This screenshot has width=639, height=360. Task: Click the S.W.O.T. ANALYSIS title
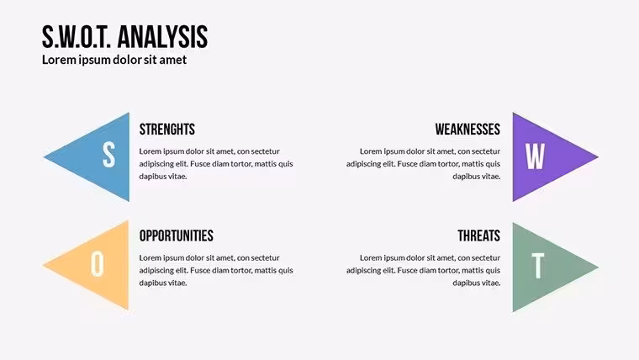click(x=124, y=37)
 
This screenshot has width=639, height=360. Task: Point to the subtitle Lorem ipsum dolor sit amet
click(x=114, y=60)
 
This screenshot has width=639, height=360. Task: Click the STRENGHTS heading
click(x=167, y=130)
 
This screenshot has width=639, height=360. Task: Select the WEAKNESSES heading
click(x=467, y=130)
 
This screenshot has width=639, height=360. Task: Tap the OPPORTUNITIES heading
click(x=176, y=236)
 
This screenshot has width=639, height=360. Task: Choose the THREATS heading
click(x=479, y=236)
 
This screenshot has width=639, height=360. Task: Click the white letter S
click(x=108, y=155)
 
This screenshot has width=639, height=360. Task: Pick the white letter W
click(x=535, y=156)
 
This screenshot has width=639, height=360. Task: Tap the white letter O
click(x=97, y=264)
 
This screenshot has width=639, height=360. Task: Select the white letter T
click(x=538, y=266)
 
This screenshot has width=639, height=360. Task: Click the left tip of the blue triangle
click(x=44, y=157)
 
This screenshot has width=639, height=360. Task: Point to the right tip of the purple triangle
click(x=599, y=156)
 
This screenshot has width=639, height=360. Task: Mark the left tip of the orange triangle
click(x=43, y=266)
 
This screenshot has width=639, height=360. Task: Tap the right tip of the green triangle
click(x=599, y=267)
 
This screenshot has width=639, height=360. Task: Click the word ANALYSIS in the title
click(x=162, y=37)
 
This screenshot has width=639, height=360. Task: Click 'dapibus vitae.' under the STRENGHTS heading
click(x=163, y=177)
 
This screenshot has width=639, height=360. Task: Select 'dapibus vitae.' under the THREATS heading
click(x=477, y=283)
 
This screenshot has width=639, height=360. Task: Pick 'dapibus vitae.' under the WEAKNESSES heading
click(x=477, y=177)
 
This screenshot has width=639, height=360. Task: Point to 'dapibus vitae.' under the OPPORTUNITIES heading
click(x=163, y=283)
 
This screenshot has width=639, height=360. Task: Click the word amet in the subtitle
click(x=173, y=60)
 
